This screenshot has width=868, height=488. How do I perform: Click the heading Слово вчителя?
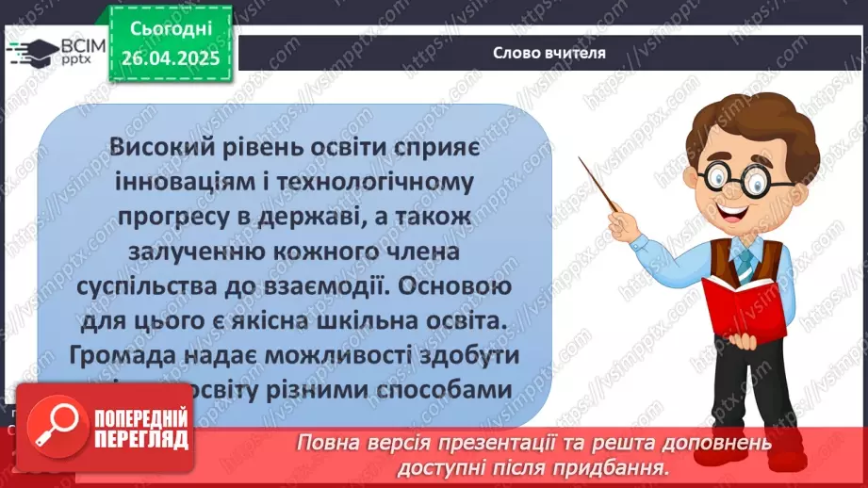549,53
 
